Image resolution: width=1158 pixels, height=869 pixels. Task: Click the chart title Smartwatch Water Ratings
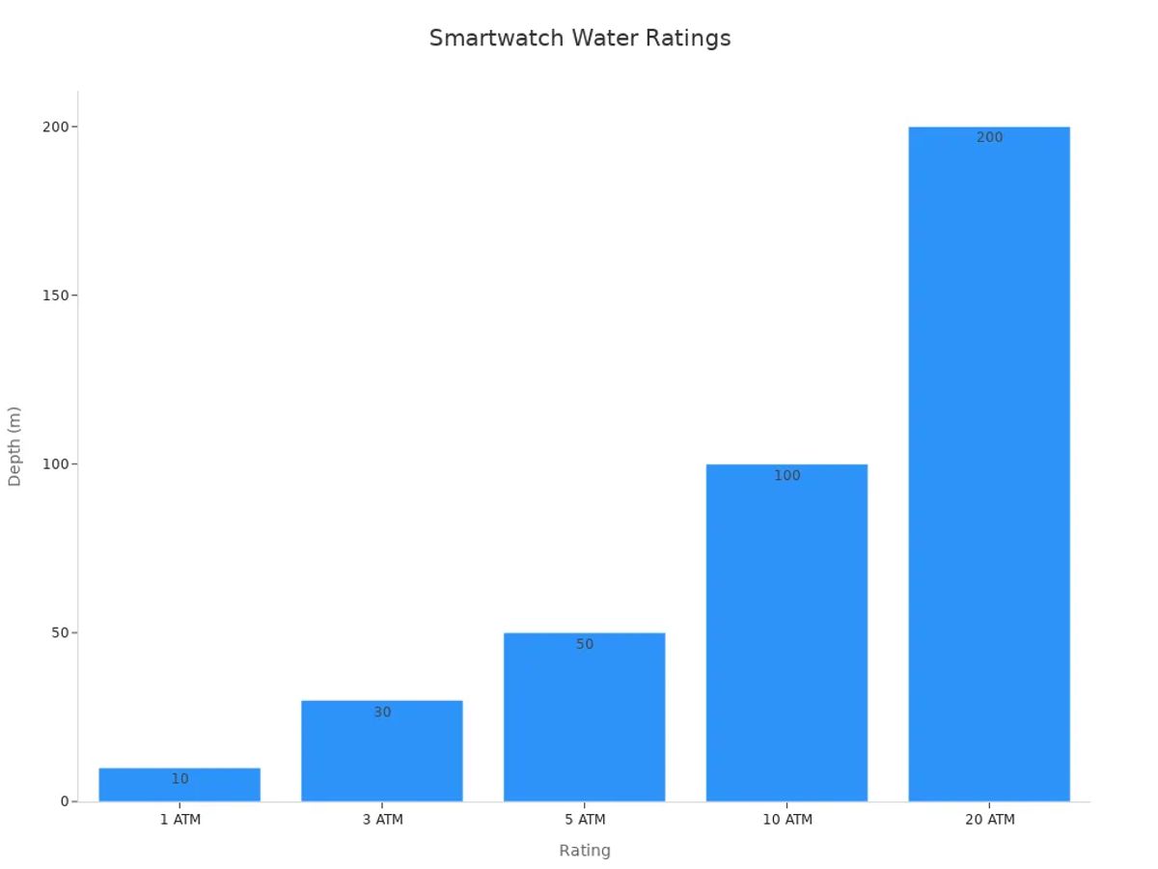[580, 39]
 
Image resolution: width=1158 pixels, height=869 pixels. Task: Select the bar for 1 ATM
[179, 786]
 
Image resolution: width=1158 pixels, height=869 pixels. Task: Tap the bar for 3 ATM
[382, 753]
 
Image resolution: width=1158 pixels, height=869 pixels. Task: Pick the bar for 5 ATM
[585, 719]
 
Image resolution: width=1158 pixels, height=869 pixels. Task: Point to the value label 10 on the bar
[180, 779]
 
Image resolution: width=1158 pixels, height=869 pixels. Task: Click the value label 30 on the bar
[383, 713]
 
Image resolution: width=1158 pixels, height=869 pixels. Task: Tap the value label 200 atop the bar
[989, 138]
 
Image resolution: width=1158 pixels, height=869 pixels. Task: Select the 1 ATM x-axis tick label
[180, 820]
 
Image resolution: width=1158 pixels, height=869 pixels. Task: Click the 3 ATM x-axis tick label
[383, 820]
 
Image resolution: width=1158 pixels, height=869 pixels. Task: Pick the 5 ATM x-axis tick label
[585, 820]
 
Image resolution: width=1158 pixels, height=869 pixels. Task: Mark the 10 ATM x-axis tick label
[787, 820]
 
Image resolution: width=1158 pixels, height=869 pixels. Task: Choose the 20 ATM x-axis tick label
[989, 820]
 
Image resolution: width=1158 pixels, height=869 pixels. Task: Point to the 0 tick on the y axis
[65, 801]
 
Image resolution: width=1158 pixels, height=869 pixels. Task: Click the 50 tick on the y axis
[61, 632]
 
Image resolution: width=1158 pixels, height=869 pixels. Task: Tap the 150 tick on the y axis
[56, 295]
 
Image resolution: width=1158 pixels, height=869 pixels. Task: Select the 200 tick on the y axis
[56, 126]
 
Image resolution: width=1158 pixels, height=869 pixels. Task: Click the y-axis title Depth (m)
[14, 446]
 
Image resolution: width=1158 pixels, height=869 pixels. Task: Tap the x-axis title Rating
[585, 851]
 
